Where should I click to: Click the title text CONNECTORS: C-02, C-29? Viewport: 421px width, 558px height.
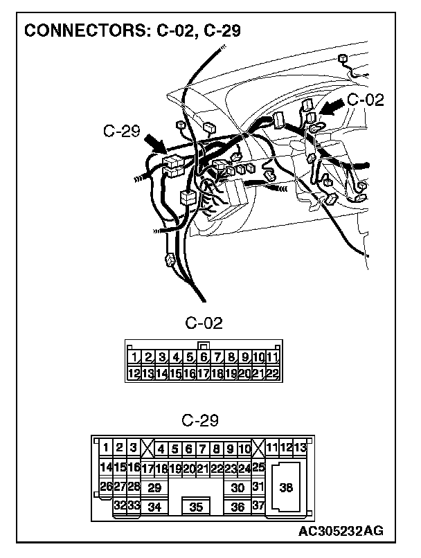132,30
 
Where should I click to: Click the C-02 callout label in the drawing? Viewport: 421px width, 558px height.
365,99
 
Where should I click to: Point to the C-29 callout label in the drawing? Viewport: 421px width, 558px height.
121,129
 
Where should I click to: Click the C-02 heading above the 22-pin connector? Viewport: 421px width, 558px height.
204,323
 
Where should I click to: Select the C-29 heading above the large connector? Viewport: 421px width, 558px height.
200,420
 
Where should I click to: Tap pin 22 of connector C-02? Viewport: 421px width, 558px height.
271,373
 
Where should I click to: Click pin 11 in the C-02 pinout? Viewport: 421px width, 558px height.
271,358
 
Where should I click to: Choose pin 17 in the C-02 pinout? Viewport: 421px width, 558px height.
204,373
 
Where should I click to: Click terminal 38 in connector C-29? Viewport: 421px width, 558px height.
286,487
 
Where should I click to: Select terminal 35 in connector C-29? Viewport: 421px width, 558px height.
197,507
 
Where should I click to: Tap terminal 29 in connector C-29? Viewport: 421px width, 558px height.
155,487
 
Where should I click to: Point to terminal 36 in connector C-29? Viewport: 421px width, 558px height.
238,507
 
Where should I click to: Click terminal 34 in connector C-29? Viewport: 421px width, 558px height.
155,507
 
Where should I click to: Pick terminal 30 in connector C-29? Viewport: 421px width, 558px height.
238,487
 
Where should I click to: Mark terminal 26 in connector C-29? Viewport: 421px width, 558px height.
106,487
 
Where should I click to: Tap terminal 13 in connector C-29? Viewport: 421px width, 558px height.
300,447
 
